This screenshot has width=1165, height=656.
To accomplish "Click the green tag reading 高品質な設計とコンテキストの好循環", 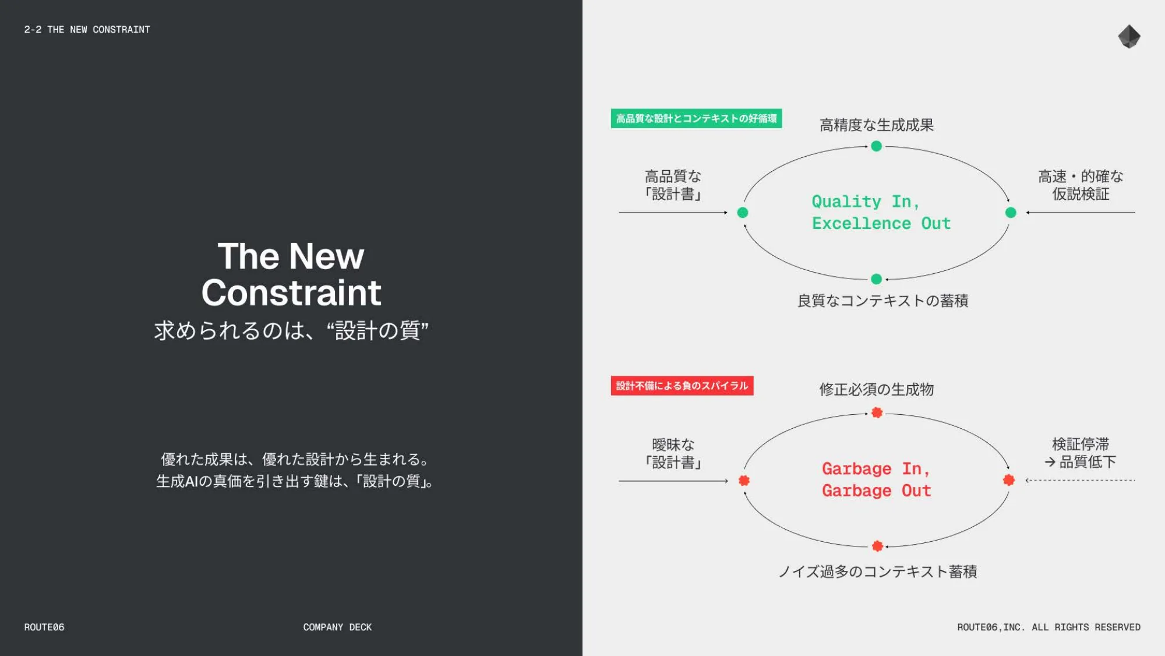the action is (696, 118).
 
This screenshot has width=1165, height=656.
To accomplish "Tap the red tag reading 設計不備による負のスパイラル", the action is (682, 386).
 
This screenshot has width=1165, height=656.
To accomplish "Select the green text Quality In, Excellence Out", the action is (881, 212).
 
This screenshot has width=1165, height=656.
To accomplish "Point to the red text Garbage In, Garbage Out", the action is (877, 479).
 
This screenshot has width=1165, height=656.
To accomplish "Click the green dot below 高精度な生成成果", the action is (876, 146).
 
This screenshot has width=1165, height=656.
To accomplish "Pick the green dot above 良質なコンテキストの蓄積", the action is (876, 279).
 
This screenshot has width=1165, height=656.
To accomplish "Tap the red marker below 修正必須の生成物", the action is (877, 412).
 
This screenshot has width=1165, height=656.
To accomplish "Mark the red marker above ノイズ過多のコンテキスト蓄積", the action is (877, 546).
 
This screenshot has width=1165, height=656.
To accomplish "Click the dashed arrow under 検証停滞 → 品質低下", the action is (1081, 481).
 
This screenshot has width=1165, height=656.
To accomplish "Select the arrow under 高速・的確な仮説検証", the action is (1081, 213).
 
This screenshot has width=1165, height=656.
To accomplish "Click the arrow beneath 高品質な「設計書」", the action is (673, 213).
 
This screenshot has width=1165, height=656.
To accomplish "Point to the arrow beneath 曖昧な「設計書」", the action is (673, 481).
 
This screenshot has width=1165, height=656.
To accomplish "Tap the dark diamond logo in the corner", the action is (1129, 37).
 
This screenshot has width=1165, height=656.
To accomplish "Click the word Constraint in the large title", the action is (291, 292).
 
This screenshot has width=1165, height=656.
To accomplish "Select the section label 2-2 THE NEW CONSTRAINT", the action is (87, 30).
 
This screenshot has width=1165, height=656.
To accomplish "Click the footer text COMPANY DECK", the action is (337, 627).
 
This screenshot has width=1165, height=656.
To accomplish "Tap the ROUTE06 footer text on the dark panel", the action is (44, 627).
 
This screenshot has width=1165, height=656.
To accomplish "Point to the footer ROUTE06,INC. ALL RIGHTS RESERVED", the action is (1048, 627).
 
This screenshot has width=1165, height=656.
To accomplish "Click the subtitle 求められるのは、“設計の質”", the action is (291, 330).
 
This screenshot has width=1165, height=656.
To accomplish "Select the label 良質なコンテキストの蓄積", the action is (882, 301).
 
